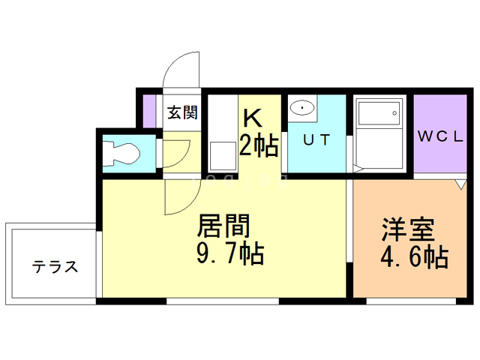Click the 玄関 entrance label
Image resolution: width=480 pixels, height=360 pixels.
tap(182, 113)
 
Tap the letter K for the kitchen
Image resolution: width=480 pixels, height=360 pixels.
tap(252, 118)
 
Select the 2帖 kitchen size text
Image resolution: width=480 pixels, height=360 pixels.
tap(259, 145)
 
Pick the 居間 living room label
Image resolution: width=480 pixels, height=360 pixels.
tap(223, 226)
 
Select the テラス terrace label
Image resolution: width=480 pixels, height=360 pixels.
tap(55, 266)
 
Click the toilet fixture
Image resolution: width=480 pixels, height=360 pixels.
tap(121, 154)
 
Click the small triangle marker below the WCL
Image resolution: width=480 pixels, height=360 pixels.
tap(462, 184)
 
